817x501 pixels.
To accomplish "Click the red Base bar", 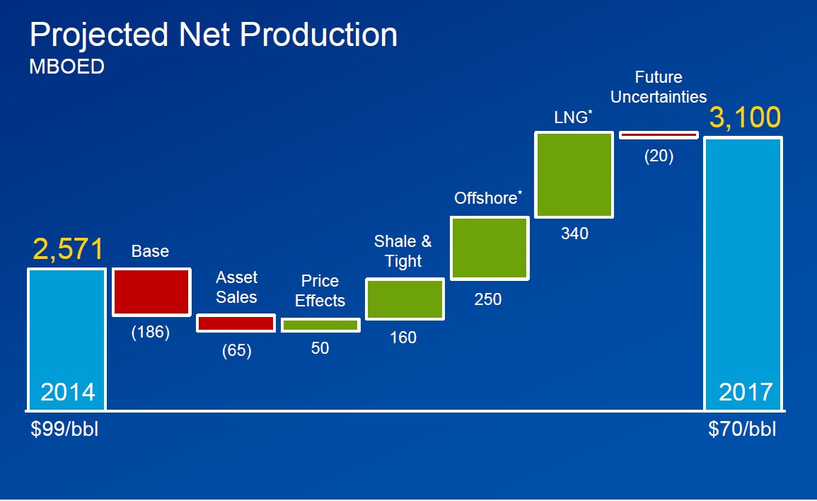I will pyautogui.click(x=151, y=292).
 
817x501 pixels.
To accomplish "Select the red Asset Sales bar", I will pyautogui.click(x=236, y=323).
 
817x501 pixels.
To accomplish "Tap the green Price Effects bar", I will pyautogui.click(x=320, y=326).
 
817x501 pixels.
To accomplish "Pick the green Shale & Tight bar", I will pyautogui.click(x=405, y=299).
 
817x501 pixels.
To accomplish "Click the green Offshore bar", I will pyautogui.click(x=489, y=248).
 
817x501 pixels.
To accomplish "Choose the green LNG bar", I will pyautogui.click(x=574, y=174).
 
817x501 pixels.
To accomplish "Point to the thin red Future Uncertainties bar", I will pyautogui.click(x=659, y=134).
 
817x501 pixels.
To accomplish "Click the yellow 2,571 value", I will pyautogui.click(x=68, y=249).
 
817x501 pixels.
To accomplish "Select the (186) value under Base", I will pyautogui.click(x=151, y=333).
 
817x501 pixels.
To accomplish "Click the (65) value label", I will pyautogui.click(x=236, y=350).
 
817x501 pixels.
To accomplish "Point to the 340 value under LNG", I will pyautogui.click(x=574, y=234).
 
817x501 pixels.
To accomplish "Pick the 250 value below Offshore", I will pyautogui.click(x=488, y=299).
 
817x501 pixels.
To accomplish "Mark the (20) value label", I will pyautogui.click(x=659, y=156).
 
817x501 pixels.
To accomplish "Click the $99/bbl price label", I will pyautogui.click(x=64, y=430).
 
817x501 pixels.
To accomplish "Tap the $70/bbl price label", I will pyautogui.click(x=742, y=430).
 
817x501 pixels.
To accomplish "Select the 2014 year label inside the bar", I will pyautogui.click(x=68, y=392).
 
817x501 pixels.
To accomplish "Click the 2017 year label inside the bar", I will pyautogui.click(x=746, y=392).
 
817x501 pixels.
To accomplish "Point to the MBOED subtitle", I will pyautogui.click(x=66, y=67).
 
